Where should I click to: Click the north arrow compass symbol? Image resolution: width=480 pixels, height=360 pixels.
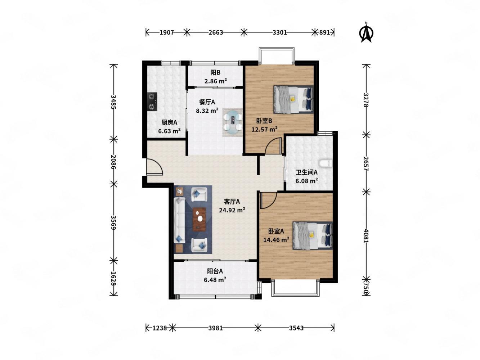click(366, 32)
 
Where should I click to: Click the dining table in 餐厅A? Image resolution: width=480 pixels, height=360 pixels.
click(233, 122)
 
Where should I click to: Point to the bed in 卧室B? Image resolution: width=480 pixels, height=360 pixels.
click(293, 99)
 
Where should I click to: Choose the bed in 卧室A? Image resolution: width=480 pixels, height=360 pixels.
click(312, 235)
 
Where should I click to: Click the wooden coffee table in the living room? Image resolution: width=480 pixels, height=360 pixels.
click(199, 219)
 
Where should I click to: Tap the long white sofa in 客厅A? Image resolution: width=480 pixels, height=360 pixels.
click(180, 220)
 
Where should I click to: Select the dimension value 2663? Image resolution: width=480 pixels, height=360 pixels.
click(216, 32)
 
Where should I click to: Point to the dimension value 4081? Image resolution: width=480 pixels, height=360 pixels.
click(365, 236)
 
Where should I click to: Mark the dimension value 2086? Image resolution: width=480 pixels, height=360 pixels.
click(113, 162)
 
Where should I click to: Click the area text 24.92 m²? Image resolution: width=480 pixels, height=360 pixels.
click(232, 210)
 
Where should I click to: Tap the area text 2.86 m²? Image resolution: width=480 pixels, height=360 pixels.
click(215, 81)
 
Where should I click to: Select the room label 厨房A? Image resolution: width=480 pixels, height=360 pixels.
click(169, 122)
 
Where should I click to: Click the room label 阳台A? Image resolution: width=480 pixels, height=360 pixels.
click(215, 271)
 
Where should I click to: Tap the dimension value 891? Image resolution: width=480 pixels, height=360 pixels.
click(324, 32)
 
